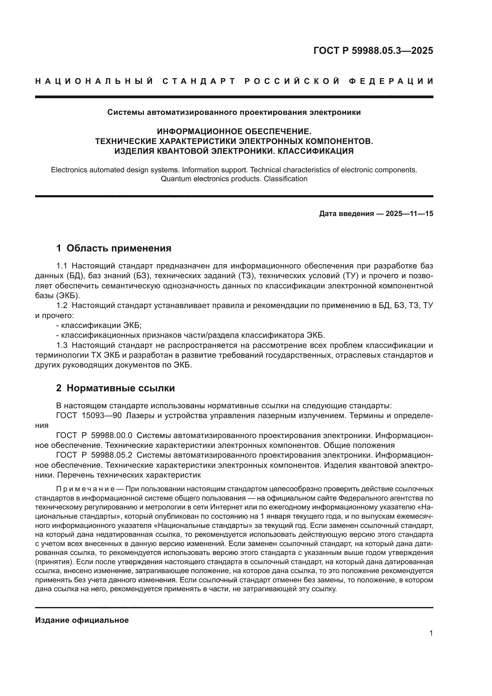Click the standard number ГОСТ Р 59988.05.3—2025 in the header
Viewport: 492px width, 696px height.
(373, 51)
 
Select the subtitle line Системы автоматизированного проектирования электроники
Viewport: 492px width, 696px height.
(234, 112)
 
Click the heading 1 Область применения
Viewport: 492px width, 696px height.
(114, 248)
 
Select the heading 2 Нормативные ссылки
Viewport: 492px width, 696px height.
(115, 388)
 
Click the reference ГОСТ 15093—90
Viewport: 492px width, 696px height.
(89, 416)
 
